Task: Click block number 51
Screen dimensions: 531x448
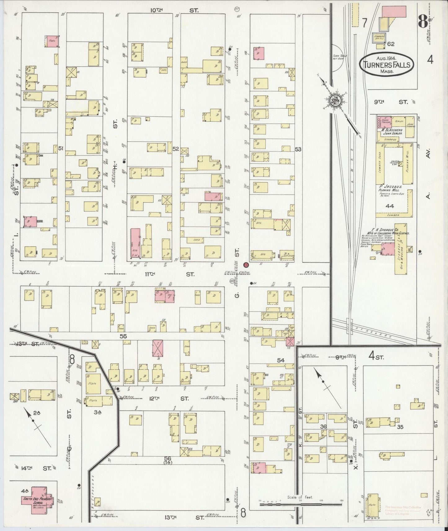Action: pos(60,149)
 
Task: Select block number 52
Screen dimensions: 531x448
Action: pos(176,149)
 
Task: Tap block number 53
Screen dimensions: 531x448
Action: pos(298,149)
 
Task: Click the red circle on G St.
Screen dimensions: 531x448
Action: pos(246,265)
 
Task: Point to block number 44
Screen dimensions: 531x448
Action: pos(390,206)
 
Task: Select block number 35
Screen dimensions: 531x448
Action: pos(400,427)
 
